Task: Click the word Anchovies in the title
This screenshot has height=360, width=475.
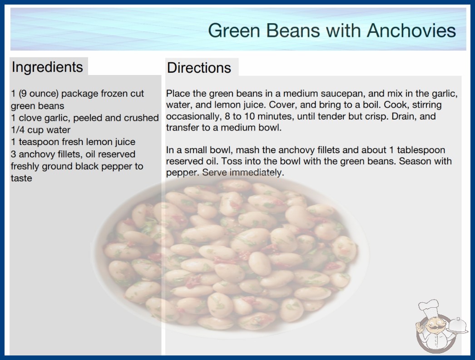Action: (411, 30)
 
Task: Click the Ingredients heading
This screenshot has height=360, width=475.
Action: (47, 67)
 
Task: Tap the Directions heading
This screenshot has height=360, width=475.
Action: (199, 68)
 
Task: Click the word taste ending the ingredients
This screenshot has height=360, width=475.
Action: (21, 178)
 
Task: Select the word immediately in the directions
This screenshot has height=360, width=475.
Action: (257, 173)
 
